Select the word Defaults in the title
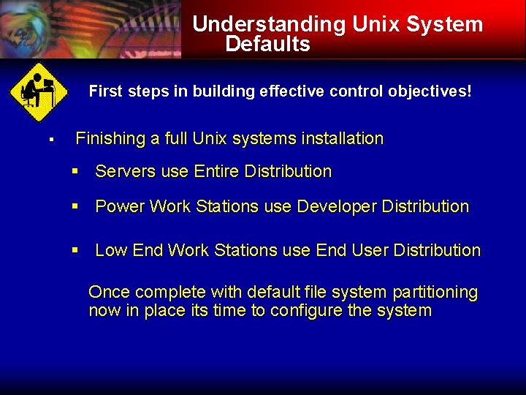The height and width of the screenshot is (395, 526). (x=267, y=45)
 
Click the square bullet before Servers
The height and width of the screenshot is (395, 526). (x=75, y=172)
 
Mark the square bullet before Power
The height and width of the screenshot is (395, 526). (x=75, y=207)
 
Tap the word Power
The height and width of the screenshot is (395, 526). (x=120, y=207)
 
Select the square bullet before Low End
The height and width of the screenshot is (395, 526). (x=75, y=251)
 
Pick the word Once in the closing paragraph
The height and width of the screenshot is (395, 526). (x=110, y=293)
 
